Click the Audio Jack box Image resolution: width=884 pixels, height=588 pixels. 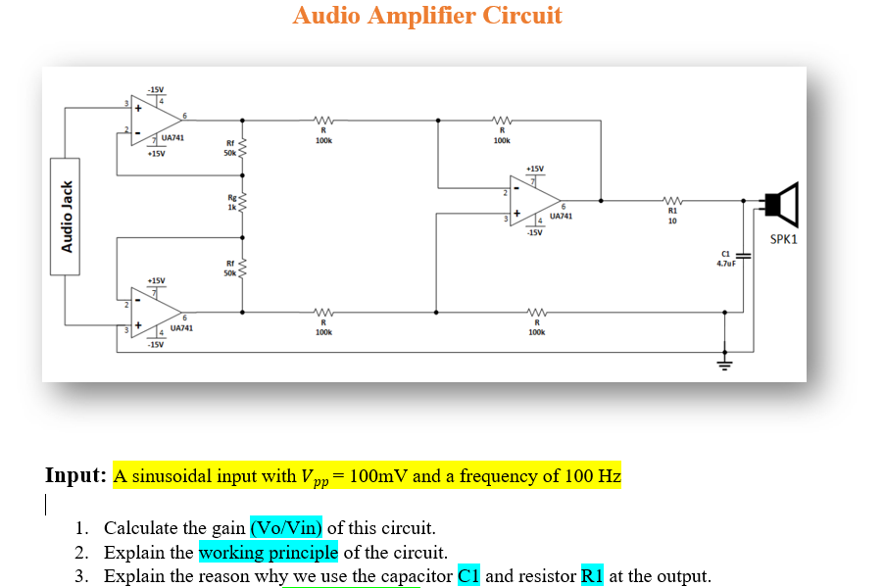pyautogui.click(x=68, y=217)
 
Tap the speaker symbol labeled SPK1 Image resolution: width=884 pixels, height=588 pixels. pyautogui.click(x=781, y=205)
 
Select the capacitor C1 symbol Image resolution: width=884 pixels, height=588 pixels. pyautogui.click(x=743, y=257)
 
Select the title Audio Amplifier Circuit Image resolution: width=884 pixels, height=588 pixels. pyautogui.click(x=427, y=16)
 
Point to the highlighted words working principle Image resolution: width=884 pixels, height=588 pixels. pyautogui.click(x=268, y=552)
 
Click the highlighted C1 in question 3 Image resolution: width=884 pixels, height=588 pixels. pyautogui.click(x=469, y=575)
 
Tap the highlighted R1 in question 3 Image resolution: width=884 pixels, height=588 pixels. pyautogui.click(x=592, y=575)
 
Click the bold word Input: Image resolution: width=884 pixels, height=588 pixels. pyautogui.click(x=75, y=476)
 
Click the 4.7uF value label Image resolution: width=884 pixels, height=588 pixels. pyautogui.click(x=725, y=264)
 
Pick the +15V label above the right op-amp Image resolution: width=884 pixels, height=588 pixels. pyautogui.click(x=534, y=168)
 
